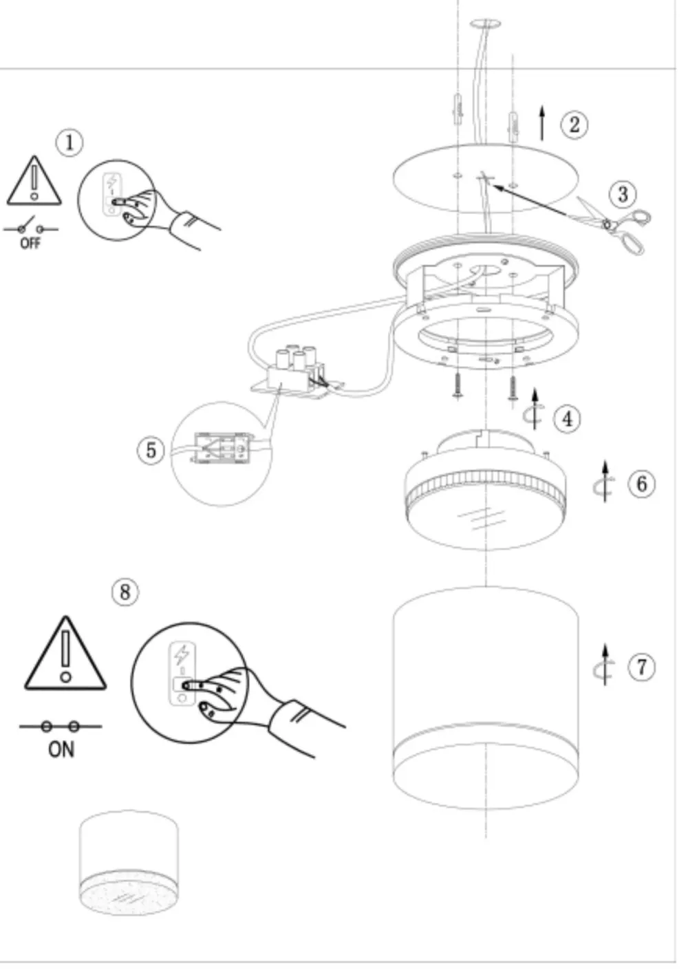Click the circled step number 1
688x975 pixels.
pos(69,142)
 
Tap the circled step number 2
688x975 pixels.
pos(574,125)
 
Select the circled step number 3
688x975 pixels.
pos(622,194)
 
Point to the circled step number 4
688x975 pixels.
pos(567,419)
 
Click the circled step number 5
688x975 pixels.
pos(151,449)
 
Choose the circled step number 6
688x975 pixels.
pos(641,484)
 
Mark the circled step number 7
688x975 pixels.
pos(641,667)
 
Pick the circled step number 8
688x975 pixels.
pos(125,592)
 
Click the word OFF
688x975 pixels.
pos(30,243)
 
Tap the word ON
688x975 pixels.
pos(61,749)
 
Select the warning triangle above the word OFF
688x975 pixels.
pos(34,180)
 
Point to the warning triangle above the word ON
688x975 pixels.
pos(65,653)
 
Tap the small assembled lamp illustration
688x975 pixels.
pos(129,862)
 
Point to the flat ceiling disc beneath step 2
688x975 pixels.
pos(486,179)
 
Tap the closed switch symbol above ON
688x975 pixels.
pos(61,727)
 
